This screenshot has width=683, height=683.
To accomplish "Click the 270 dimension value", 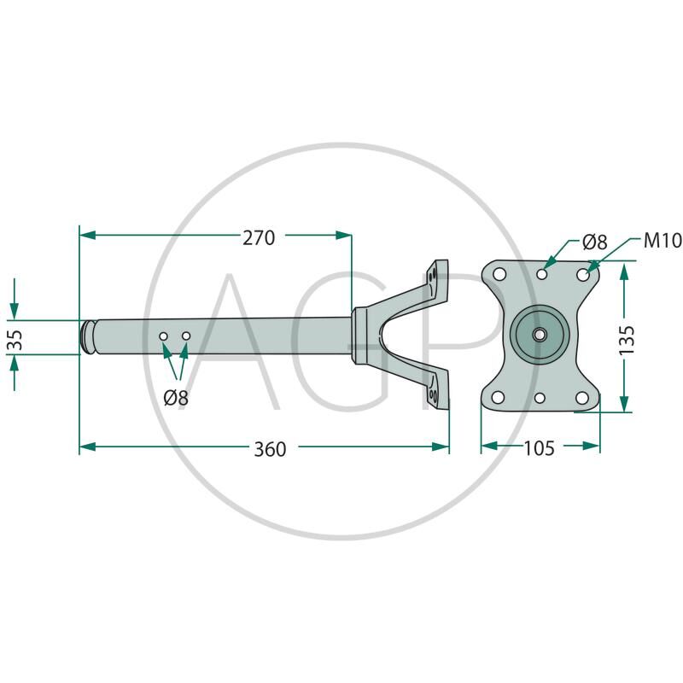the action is point(259,238).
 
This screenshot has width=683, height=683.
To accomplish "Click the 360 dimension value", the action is point(270,449).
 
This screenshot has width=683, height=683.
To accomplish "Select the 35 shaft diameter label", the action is point(15,339).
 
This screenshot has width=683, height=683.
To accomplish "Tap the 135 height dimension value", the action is point(627,340).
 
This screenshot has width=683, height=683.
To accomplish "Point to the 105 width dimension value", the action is point(539,448).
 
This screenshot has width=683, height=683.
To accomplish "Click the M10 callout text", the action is point(663,241).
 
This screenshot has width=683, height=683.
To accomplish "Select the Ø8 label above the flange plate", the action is point(594,242).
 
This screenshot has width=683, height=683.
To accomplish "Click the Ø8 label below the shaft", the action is point(176,398).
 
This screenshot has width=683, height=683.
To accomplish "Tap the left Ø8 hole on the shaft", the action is point(163,336).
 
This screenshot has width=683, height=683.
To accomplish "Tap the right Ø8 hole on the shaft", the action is point(186,336).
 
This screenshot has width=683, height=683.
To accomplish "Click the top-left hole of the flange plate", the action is point(499,274).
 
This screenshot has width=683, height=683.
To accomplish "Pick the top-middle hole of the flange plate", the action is point(542,274).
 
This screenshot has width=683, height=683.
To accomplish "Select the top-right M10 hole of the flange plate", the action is point(583,275).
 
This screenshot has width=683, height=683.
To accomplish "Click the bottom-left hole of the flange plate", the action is point(499,397).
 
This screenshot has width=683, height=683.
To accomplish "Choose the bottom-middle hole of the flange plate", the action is point(540,398).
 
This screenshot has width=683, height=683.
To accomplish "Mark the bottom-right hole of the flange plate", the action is point(582,398).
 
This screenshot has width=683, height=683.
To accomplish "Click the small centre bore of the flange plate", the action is point(540,335).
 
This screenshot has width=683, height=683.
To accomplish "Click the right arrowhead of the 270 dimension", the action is point(343,236).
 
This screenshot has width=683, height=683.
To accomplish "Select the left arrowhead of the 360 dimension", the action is point(88,447).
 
